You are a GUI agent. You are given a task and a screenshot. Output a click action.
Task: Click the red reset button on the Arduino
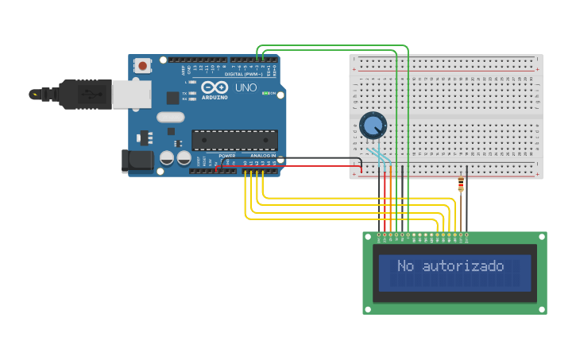pos(142,66)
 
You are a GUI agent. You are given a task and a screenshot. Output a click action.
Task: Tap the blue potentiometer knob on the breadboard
pos(373,125)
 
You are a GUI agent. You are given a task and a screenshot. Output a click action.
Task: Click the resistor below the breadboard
pos(461,185)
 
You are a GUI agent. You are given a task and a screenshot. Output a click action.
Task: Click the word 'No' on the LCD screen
pos(406,265)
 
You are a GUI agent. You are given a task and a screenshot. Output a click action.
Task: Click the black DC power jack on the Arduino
pos(137,161)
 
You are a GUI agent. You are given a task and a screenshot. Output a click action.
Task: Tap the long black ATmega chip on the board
pos(234,140)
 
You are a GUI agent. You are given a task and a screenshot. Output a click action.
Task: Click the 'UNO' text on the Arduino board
pos(245,87)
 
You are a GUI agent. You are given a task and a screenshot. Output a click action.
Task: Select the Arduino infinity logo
pos(214,87)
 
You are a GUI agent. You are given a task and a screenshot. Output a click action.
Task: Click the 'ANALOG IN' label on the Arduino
pos(263,156)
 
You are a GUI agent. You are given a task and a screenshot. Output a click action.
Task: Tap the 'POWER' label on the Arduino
pos(227,156)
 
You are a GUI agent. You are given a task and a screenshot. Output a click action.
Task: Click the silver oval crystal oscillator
pos(170,117)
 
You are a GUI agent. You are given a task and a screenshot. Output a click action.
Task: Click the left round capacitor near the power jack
pos(167,157)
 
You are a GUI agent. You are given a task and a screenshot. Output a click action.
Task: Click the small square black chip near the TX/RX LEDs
pos(172,98)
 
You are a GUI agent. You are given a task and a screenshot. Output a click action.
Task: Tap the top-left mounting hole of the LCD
pos(368,237)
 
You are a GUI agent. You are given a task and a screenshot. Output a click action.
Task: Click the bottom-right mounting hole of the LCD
pos(542,308)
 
